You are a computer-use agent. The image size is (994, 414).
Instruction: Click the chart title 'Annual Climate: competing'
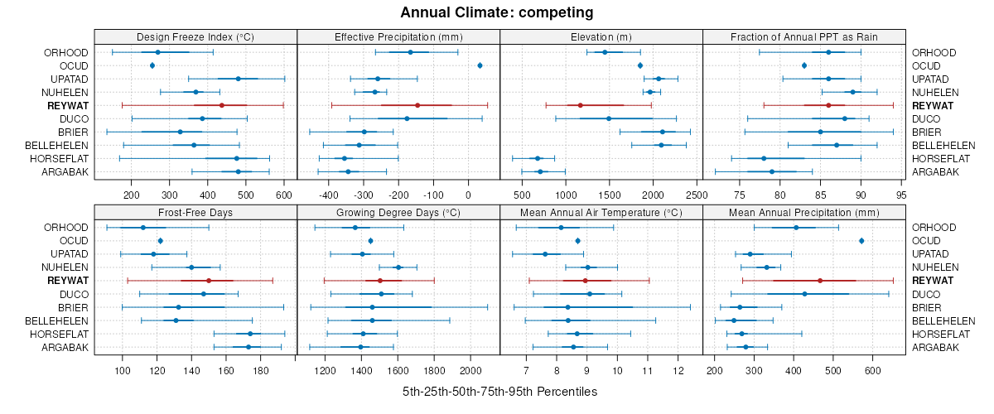click(497, 12)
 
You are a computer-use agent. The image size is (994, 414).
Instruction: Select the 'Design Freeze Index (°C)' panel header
click(195, 36)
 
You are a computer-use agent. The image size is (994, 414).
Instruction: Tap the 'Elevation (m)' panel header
click(601, 36)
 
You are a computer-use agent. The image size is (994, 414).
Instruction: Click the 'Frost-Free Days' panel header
click(195, 211)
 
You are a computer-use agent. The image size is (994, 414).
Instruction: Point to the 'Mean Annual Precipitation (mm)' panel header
click(803, 211)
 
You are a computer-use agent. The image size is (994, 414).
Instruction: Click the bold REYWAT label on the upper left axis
click(68, 106)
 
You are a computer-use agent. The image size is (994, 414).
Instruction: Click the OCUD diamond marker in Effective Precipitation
click(480, 65)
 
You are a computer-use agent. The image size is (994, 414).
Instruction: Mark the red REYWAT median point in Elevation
click(581, 105)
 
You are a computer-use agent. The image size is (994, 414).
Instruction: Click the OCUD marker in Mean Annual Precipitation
click(861, 241)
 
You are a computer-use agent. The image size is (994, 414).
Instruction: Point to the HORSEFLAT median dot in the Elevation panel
click(538, 158)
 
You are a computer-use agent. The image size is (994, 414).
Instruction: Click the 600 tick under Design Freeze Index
click(284, 195)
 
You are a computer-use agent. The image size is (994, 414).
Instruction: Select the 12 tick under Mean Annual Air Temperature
click(678, 370)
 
